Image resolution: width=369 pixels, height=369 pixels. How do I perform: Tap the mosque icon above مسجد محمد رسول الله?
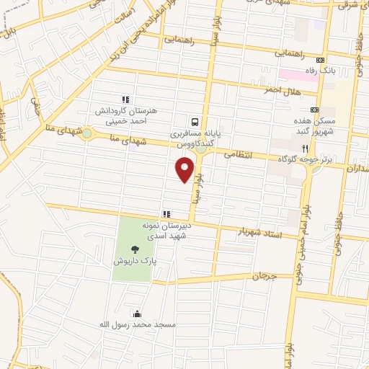pyautogui.click(x=136, y=314)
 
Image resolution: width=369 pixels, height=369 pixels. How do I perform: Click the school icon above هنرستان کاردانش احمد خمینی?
pyautogui.click(x=125, y=99)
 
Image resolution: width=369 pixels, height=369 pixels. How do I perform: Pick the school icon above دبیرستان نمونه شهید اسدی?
pyautogui.click(x=166, y=214)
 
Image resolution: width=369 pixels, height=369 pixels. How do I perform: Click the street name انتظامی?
pyautogui.click(x=236, y=154)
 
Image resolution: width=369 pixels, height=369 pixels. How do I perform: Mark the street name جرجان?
pyautogui.click(x=264, y=276)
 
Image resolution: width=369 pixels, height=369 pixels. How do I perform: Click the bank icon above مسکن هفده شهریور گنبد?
pyautogui.click(x=314, y=108)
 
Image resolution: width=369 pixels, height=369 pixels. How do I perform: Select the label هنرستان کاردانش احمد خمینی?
pyautogui.click(x=125, y=116)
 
